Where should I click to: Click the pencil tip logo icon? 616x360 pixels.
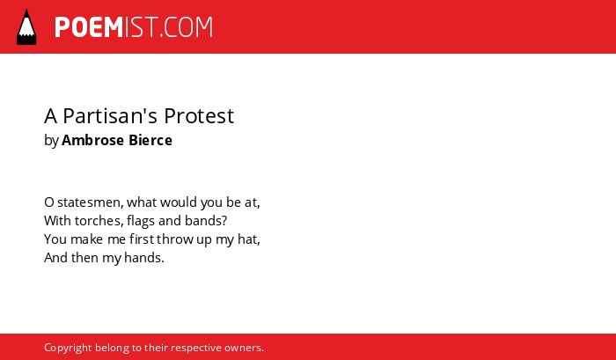click(26, 27)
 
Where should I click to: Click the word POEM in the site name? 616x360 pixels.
click(89, 27)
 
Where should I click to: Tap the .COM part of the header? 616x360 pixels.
click(187, 27)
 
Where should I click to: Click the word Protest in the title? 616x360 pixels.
click(199, 116)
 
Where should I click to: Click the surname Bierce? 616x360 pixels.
click(150, 140)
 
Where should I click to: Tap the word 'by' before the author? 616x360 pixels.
click(51, 141)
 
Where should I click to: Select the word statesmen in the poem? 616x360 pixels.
click(91, 202)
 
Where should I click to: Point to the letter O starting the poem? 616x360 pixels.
click(48, 202)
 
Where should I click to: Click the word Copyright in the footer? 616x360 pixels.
click(68, 348)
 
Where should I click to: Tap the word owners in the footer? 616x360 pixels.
click(244, 348)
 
